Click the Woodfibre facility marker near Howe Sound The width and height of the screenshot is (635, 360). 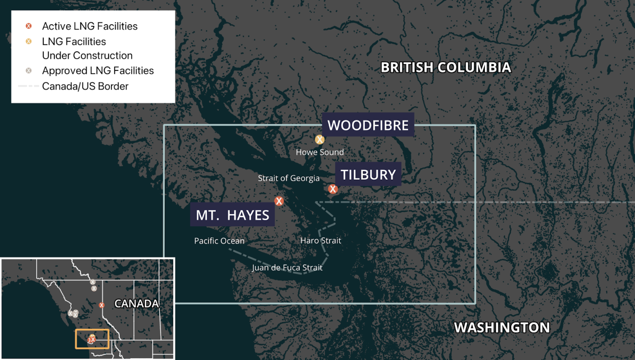pos(319,140)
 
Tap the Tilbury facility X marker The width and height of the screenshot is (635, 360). pos(333,189)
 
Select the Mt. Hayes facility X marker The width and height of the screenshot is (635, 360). pos(279,201)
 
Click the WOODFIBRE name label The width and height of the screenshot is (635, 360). pos(368,125)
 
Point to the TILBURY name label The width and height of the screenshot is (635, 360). pos(368,174)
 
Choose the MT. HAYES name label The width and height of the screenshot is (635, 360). pos(232,215)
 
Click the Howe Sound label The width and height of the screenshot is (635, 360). pos(320,152)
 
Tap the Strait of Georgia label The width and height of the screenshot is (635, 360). pos(289,178)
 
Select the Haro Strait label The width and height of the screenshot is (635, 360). pos(320,241)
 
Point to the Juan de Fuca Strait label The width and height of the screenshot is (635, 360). pos(287,268)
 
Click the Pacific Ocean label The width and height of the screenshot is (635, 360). pos(219,241)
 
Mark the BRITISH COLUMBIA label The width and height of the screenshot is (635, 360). pos(446,68)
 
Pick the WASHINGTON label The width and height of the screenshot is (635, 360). pos(502,328)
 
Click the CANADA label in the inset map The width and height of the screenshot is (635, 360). pos(136,304)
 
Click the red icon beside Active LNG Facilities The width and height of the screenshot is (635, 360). pos(29,26)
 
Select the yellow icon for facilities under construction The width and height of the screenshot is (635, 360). pos(29,41)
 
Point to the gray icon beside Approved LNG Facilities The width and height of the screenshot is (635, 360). pos(29,70)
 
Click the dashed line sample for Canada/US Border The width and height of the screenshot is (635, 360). pos(28,86)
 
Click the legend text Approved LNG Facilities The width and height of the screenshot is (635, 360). pos(98,70)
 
